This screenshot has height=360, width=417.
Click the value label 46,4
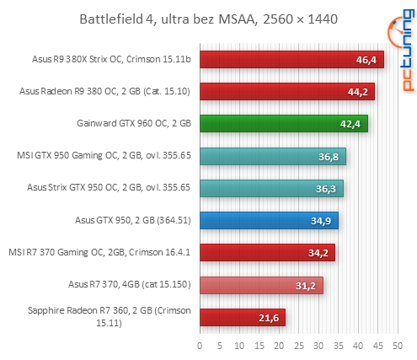367,60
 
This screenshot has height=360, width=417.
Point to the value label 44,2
359,92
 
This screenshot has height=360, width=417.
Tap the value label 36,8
329,157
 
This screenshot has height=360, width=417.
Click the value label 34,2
319,253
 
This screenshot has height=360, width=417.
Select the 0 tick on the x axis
200,345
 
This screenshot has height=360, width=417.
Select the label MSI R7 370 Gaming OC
99,252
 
